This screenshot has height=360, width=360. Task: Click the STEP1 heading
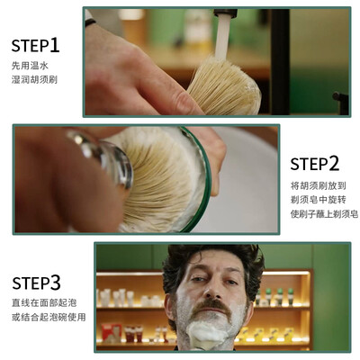coord(35,45)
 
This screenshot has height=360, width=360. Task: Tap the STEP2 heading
coord(315,164)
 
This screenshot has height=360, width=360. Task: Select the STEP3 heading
coord(36,283)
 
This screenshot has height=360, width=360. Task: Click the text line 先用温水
coord(30,66)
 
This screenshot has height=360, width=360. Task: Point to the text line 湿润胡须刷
coord(34,79)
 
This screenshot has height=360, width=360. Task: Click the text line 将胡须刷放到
coord(319,185)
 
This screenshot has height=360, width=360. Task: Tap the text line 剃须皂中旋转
coord(319,200)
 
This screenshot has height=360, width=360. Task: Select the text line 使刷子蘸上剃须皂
coord(324,214)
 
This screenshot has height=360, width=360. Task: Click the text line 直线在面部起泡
coord(44,302)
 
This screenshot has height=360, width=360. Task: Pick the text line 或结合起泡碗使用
coord(49,317)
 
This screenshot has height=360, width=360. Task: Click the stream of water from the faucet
coord(222,37)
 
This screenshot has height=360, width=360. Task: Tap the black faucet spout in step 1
coord(225,13)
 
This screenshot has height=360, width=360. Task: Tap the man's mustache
coord(211,307)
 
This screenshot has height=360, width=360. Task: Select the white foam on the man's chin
coord(207,333)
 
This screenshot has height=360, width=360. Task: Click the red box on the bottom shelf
coord(111,332)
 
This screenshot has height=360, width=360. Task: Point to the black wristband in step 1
coord(90,22)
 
